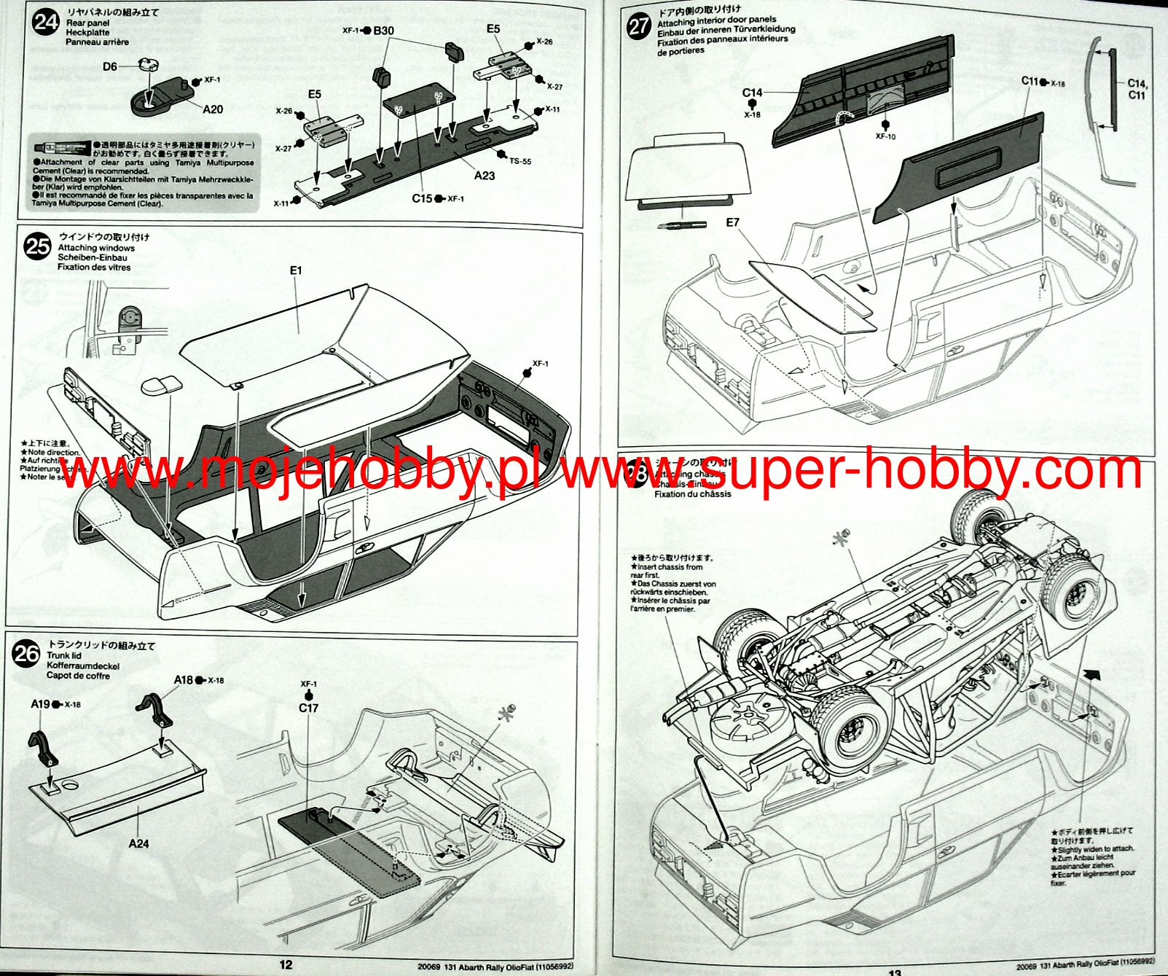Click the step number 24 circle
point(45,22)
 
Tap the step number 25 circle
point(37,246)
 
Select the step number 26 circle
point(26,654)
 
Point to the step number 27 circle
point(638,26)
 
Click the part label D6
point(109,67)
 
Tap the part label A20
point(213,109)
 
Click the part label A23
point(484,176)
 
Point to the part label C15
point(422,198)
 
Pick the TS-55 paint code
point(520,161)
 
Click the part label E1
point(295,270)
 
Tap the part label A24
point(138,843)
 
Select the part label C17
point(308,708)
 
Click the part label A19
point(40,704)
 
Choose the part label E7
point(732,222)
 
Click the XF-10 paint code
point(885,136)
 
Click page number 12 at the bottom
point(286,964)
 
